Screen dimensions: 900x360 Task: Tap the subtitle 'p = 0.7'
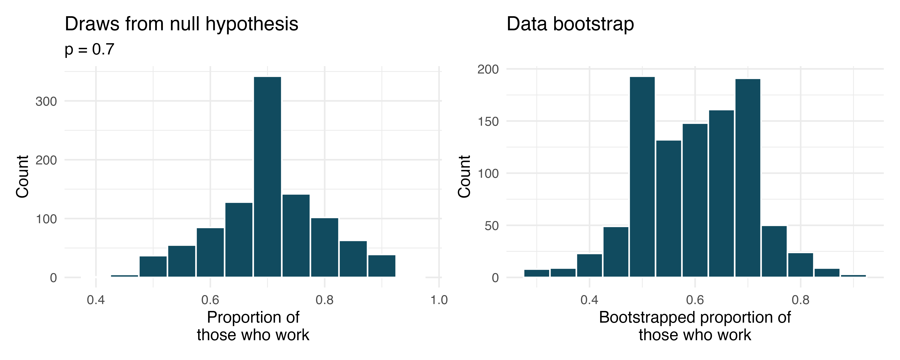click(89, 49)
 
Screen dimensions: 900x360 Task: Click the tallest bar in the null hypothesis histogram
click(267, 177)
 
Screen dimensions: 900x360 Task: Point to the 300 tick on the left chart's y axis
click(46, 101)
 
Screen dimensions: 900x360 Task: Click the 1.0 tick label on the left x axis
click(439, 300)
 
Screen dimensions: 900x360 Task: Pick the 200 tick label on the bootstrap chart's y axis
click(488, 69)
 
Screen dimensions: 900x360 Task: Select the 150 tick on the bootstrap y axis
click(488, 122)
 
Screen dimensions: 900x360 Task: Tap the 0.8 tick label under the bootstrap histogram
click(800, 300)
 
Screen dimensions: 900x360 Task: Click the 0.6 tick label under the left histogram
click(210, 300)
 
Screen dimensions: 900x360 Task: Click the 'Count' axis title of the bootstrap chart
click(464, 177)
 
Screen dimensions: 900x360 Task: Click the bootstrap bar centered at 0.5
click(642, 177)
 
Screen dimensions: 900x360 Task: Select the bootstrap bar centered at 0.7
click(748, 178)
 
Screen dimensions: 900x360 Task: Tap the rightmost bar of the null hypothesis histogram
click(381, 266)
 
